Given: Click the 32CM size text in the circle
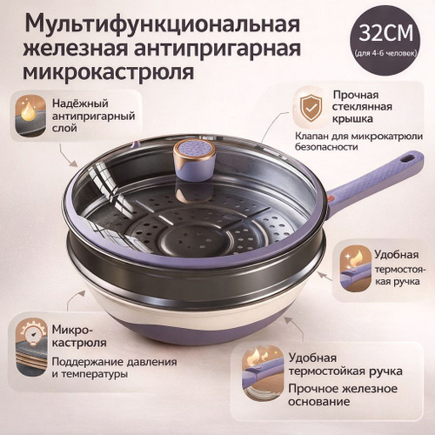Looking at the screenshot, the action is click(x=386, y=33).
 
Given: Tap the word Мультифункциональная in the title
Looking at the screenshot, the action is click(x=161, y=23).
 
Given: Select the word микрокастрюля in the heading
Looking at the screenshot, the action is click(x=109, y=71).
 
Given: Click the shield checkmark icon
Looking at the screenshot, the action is click(x=311, y=108).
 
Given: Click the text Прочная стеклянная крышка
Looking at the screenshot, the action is click(x=362, y=107).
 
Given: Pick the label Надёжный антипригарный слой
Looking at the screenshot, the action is click(x=93, y=116).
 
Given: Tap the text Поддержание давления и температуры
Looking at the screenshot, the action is click(x=114, y=368).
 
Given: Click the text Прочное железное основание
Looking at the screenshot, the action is click(x=343, y=395).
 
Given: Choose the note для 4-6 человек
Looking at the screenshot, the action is click(x=385, y=54).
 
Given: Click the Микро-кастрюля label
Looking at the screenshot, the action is click(x=79, y=336).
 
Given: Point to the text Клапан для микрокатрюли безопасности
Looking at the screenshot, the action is click(x=358, y=141).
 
